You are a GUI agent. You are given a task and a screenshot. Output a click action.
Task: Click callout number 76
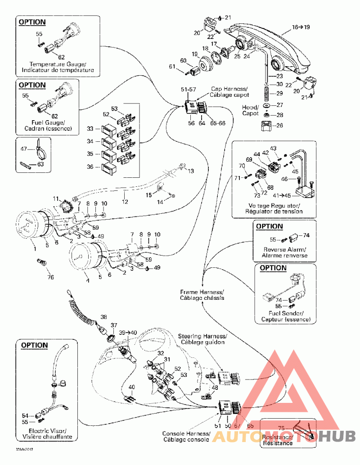click(x=51, y=277)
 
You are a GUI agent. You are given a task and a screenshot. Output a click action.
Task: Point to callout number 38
click(x=104, y=317)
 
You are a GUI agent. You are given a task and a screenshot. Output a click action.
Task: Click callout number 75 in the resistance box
click(x=281, y=428)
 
